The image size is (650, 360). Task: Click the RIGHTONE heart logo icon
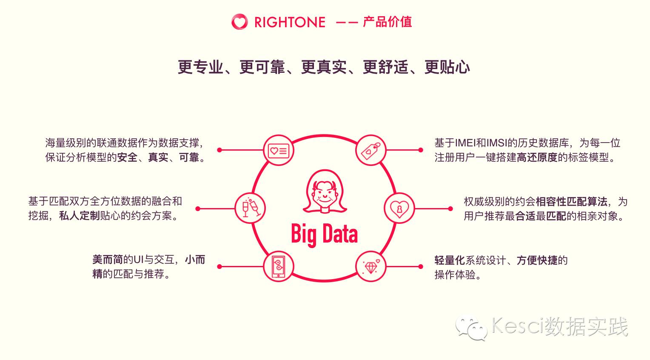point(239,22)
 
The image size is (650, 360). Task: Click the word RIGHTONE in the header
point(290,22)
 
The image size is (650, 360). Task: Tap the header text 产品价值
point(387,22)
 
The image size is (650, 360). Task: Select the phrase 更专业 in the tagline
point(200,67)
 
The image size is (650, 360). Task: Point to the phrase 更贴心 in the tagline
point(447,67)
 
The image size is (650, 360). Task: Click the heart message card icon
point(279,150)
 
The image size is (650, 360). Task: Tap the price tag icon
point(371,150)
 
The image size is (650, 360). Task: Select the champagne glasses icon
point(251,208)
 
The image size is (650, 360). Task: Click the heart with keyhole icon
point(399,209)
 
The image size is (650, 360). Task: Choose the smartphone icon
point(279,266)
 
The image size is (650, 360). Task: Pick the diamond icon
point(371,266)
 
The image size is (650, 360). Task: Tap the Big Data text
point(324,234)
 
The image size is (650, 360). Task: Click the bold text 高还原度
point(537,157)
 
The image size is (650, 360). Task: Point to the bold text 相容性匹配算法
point(571,201)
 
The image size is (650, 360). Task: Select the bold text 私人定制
point(80,216)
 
